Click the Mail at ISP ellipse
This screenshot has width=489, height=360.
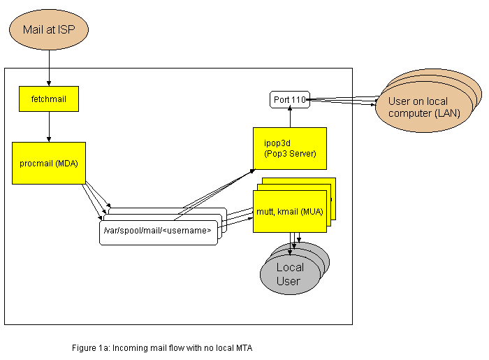pos(49,30)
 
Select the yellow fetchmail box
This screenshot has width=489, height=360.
pos(49,99)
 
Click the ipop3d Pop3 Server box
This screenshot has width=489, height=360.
pos(289,148)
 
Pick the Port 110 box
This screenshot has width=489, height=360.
pos(290,100)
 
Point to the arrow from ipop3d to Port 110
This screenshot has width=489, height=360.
pos(290,118)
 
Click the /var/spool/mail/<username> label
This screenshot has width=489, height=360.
pos(157,231)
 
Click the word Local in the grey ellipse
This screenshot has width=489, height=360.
pos(290,267)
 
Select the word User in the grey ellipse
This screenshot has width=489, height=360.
pos(288,281)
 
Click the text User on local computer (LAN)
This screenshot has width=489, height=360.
pos(418,107)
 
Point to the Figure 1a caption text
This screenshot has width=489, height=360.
pos(161,347)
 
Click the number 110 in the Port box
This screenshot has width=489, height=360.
pos(299,100)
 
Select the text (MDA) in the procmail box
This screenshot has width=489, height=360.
pos(66,163)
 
